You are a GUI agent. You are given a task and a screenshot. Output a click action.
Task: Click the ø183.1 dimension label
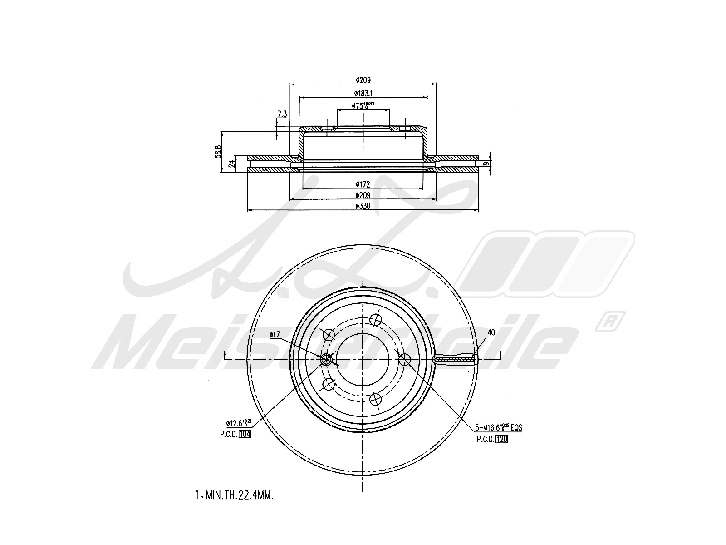click(x=363, y=93)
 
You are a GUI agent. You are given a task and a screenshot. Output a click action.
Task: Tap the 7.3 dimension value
click(x=282, y=114)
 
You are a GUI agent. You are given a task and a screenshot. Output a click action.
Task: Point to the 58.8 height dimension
click(x=218, y=151)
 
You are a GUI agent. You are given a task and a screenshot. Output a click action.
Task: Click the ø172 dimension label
click(x=363, y=184)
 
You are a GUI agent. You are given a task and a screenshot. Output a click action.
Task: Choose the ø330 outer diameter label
click(x=363, y=206)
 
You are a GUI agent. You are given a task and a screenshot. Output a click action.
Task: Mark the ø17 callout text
click(x=275, y=335)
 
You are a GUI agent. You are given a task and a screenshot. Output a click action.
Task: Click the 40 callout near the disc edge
click(x=491, y=332)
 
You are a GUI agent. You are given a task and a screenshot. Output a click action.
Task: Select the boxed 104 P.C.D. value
click(x=245, y=434)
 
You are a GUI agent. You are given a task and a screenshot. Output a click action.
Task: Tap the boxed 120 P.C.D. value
click(x=502, y=439)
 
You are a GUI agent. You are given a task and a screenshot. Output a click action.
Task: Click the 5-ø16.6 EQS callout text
click(x=498, y=427)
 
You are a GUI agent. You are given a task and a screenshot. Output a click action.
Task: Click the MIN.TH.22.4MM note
click(x=234, y=495)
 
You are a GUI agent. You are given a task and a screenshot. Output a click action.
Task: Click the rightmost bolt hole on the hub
click(x=404, y=359)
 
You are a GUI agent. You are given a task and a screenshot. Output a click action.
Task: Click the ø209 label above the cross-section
click(x=363, y=80)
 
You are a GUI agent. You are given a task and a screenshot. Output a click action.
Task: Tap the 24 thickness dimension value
click(x=231, y=163)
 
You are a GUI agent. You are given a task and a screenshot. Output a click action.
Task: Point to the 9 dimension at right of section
click(x=486, y=163)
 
